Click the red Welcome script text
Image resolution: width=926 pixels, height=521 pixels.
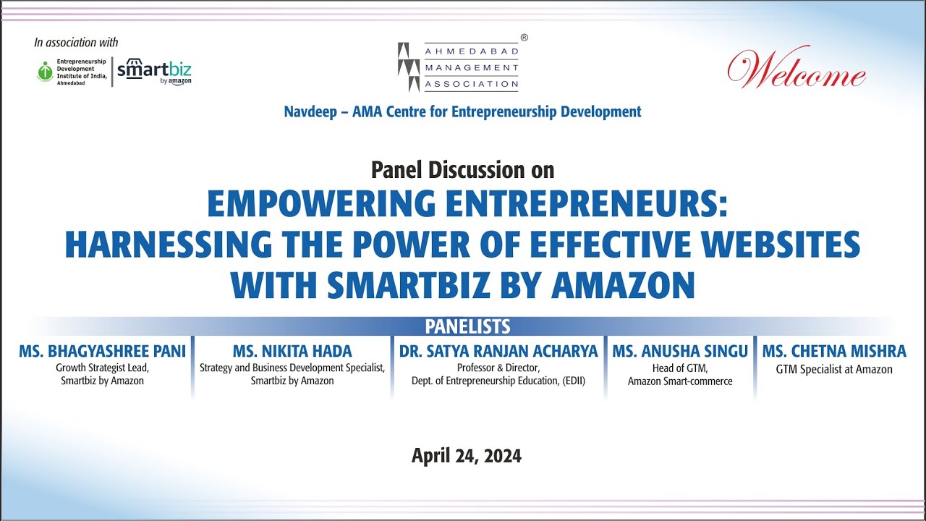[x=796, y=70]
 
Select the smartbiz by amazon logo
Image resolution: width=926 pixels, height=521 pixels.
[x=154, y=72]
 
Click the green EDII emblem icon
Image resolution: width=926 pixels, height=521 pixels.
[x=46, y=72]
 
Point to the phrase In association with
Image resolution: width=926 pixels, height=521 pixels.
[x=76, y=43]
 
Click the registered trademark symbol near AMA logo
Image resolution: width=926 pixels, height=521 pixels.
[x=524, y=37]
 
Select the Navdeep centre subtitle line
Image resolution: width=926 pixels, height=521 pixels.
[x=462, y=111]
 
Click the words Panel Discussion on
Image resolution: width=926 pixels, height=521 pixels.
[x=462, y=170]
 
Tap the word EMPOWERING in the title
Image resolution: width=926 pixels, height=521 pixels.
[x=320, y=205]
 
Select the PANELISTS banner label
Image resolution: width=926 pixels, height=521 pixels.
[x=467, y=326]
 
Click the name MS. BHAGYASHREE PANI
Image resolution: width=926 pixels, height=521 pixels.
[x=102, y=352]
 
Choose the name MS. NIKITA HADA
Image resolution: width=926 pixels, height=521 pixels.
[x=292, y=352]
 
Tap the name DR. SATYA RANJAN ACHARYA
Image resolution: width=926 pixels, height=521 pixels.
[x=498, y=352]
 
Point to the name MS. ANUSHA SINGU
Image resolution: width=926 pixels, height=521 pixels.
[x=680, y=352]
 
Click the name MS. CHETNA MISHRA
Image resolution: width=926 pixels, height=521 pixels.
[x=833, y=352]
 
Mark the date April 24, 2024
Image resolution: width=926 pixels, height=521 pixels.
[x=466, y=456]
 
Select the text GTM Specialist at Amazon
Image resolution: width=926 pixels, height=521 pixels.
[x=833, y=370]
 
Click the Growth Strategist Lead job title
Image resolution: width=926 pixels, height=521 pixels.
[x=102, y=368]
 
